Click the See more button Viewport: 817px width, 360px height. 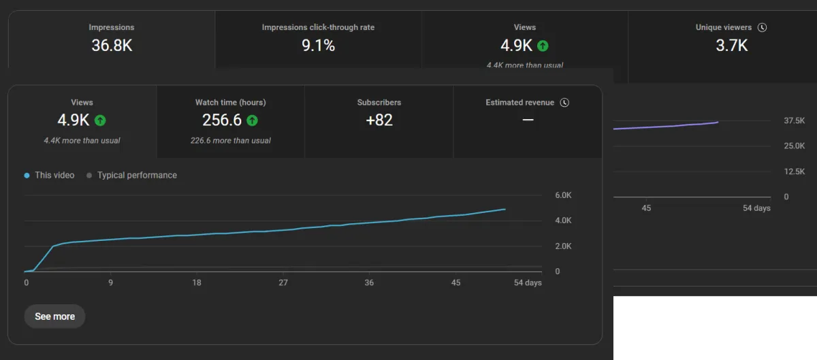click(54, 316)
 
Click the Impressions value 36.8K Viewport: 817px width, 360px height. click(112, 46)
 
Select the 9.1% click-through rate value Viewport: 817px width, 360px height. click(318, 46)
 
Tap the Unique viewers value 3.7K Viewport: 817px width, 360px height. click(731, 46)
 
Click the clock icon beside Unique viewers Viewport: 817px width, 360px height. click(762, 28)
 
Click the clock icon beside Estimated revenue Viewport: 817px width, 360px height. click(564, 103)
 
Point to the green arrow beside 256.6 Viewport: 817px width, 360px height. click(252, 120)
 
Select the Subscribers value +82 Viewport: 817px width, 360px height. click(379, 120)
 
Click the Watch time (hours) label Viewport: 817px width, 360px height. click(230, 103)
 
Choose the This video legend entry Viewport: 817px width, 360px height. click(50, 175)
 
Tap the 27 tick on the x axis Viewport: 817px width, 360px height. click(283, 282)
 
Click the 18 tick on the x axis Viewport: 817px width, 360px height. click(197, 282)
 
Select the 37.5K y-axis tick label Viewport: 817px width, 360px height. click(795, 120)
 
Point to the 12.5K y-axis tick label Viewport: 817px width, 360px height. click(795, 171)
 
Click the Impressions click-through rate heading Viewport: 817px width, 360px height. click(318, 28)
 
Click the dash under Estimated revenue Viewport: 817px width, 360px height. click(528, 120)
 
